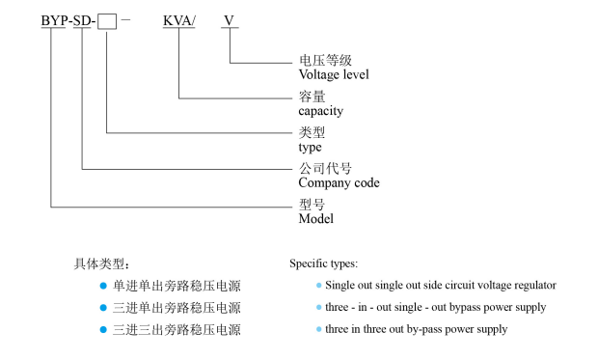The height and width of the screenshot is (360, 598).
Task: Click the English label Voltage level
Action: tap(336, 73)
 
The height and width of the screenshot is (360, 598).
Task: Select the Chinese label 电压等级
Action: tap(318, 60)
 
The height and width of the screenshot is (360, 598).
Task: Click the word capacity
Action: tap(321, 111)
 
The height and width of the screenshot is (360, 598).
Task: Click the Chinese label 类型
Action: tap(312, 133)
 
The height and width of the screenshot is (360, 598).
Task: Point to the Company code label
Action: tap(339, 182)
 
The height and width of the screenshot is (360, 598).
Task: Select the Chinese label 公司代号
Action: tap(318, 169)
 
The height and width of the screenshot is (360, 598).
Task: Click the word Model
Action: tap(315, 219)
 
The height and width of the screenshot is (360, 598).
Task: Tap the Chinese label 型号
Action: tap(312, 205)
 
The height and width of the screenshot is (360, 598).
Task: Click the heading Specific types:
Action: tap(324, 263)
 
